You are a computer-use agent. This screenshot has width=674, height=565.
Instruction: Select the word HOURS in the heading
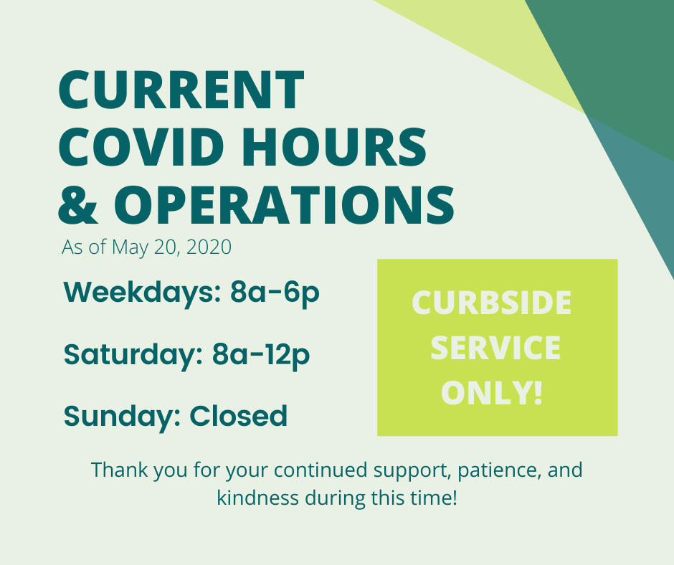point(334,147)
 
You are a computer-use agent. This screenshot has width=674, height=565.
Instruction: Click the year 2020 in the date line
point(209,247)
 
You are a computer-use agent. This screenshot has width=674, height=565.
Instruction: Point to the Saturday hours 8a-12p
point(261,356)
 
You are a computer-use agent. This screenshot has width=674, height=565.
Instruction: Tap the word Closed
point(239,416)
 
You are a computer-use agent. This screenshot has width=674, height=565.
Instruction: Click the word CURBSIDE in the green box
point(491,303)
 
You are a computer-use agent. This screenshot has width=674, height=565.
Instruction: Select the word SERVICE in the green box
point(495,348)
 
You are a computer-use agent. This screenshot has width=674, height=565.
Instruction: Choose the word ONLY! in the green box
point(492,392)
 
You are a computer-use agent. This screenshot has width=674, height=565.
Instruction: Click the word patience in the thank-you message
point(498,471)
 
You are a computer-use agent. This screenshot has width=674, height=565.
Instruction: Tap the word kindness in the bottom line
point(258,498)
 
